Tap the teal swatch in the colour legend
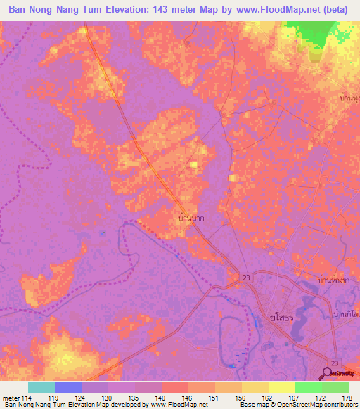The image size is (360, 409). click(x=41, y=387)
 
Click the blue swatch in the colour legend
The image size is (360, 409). click(x=67, y=387)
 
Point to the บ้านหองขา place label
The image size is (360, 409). click(x=333, y=280)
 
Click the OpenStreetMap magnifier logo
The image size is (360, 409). click(x=328, y=372)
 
